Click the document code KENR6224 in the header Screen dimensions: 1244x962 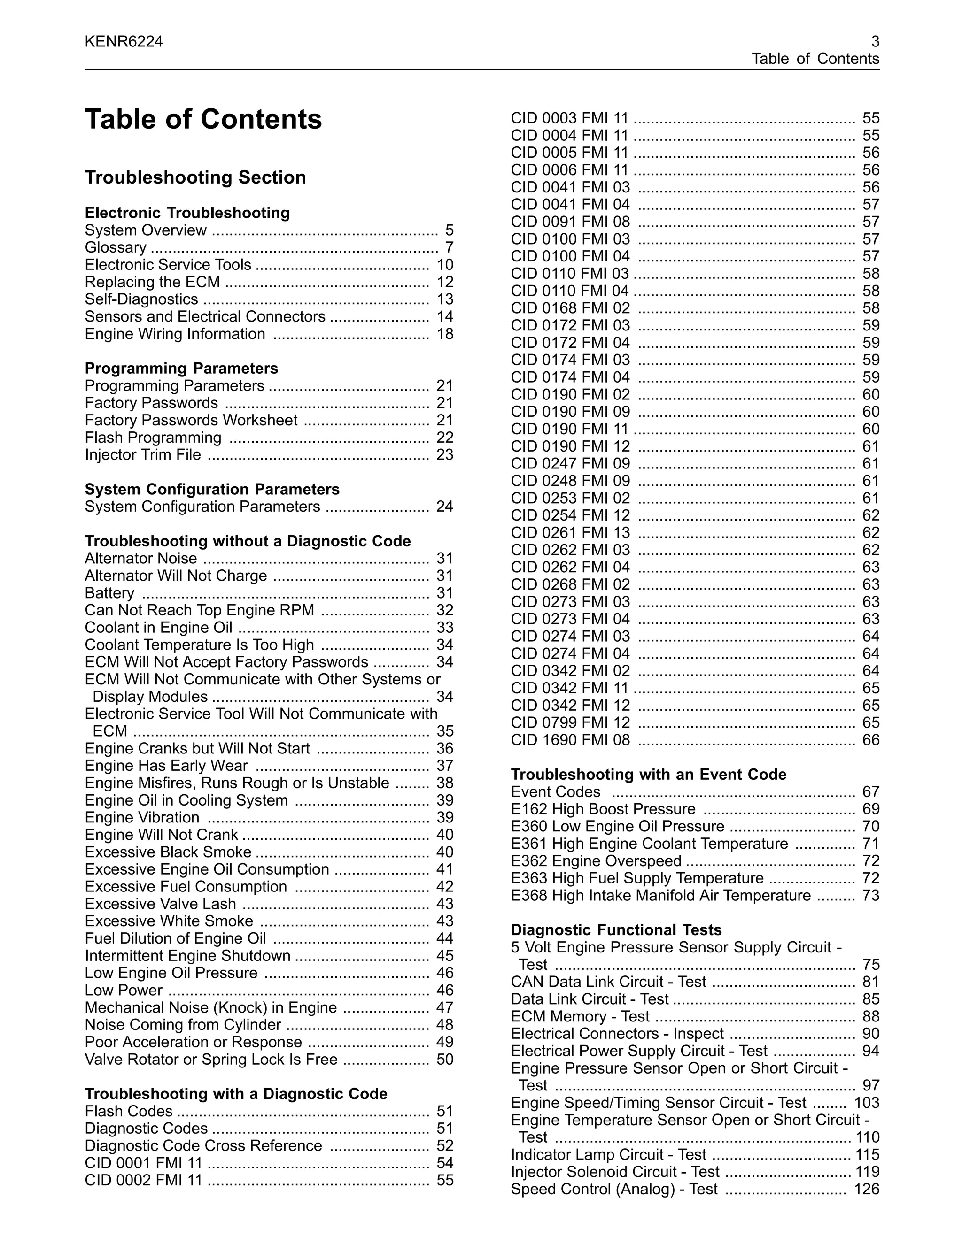click(124, 42)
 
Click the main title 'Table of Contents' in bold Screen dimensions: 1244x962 click(203, 120)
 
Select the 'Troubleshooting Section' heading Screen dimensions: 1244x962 click(195, 178)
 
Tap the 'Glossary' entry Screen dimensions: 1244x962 click(116, 248)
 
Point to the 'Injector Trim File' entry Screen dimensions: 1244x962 click(143, 455)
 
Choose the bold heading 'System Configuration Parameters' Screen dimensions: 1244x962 click(212, 489)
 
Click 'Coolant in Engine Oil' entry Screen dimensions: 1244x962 click(158, 628)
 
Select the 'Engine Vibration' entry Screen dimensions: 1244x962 click(142, 818)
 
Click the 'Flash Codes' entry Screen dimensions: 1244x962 click(128, 1111)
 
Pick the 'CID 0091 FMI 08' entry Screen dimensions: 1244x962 click(570, 222)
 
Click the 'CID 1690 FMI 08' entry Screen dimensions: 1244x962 click(570, 740)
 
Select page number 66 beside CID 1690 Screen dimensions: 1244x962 click(871, 740)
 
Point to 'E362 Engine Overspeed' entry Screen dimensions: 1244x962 click(596, 861)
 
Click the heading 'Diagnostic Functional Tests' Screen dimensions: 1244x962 click(616, 930)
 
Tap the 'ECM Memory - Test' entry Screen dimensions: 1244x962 click(580, 1017)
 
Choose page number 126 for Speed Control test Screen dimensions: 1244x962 click(866, 1190)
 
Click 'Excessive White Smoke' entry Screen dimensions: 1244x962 click(169, 921)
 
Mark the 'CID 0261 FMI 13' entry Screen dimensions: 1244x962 click(570, 533)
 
